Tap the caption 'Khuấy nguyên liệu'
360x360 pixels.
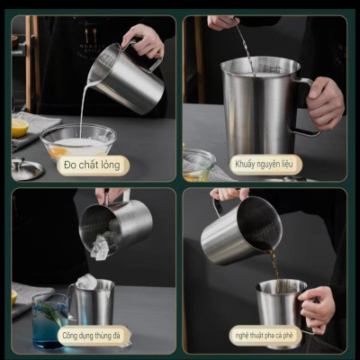pyautogui.click(x=265, y=165)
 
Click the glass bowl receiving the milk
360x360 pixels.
pyautogui.click(x=77, y=139)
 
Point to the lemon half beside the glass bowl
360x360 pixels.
pyautogui.click(x=20, y=128)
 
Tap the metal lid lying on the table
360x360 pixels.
pyautogui.click(x=25, y=167)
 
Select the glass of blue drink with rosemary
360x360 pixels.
pyautogui.click(x=48, y=322)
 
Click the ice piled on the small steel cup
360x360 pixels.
pyautogui.click(x=86, y=282)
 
